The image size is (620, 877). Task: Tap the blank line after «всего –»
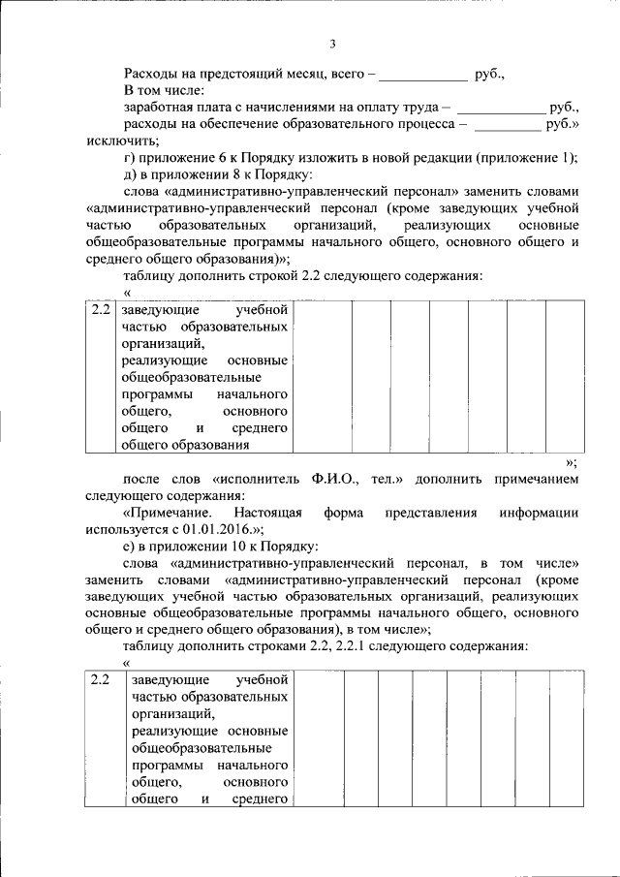pyautogui.click(x=421, y=75)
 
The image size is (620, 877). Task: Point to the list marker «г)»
pyautogui.click(x=131, y=157)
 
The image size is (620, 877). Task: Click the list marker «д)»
pyautogui.click(x=131, y=174)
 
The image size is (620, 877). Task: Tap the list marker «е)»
pyautogui.click(x=131, y=546)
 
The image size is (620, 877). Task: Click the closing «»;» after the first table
pyautogui.click(x=571, y=461)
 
